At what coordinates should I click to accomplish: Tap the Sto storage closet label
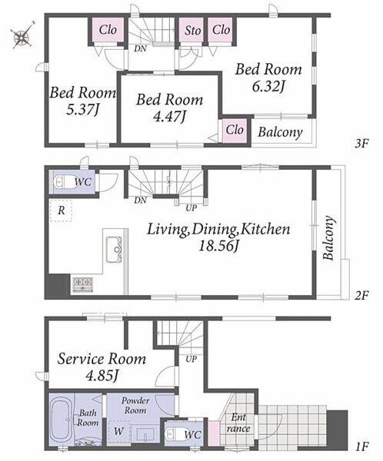point(193,31)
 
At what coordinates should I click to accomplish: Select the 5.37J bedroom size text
point(83,110)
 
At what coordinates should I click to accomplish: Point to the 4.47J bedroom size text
point(169,117)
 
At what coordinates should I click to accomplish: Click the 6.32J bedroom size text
point(268,87)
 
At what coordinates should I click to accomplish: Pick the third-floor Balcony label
point(280,132)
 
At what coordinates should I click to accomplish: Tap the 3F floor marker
point(361,144)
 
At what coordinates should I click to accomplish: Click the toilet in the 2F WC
point(63,182)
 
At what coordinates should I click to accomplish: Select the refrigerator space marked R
point(61,211)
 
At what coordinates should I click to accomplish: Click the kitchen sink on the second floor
point(114,249)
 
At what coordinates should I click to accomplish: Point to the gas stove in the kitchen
point(83,284)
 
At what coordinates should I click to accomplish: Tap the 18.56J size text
point(218,246)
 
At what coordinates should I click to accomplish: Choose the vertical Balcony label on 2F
point(328,238)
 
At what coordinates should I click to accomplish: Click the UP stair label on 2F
point(191,208)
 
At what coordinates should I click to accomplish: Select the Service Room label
point(102,360)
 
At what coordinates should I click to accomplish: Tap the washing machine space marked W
point(118,431)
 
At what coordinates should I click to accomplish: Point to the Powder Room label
point(135,406)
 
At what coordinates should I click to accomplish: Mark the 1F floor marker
point(361,447)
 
